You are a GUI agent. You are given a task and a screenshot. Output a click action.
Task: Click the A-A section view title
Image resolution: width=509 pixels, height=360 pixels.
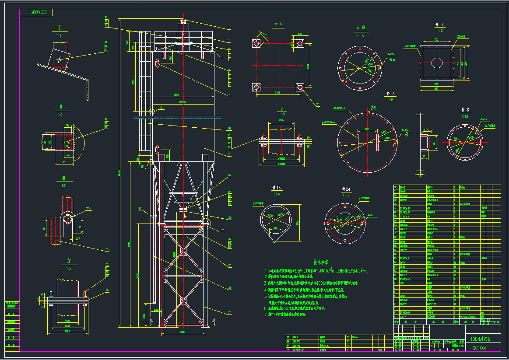click(x=277, y=24)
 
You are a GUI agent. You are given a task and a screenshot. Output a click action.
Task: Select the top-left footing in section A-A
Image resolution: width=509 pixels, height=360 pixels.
click(x=256, y=44)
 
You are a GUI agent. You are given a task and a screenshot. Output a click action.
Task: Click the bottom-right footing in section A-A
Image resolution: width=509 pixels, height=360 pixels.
click(x=300, y=87)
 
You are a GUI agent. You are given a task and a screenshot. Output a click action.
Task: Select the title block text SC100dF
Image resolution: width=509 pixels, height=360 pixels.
click(x=480, y=348)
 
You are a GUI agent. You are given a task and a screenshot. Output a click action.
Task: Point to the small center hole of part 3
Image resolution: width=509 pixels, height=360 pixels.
click(x=437, y=63)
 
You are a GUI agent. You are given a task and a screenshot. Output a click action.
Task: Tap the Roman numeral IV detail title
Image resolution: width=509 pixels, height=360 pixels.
click(x=69, y=261)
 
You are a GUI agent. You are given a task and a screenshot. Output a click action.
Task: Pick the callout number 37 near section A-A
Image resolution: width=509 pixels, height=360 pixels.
click(x=317, y=105)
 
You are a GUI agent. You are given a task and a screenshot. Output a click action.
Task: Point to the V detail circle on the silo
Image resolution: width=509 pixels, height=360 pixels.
click(x=206, y=225)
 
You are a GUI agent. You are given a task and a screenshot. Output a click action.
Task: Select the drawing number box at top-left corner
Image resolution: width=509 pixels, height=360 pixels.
click(x=36, y=13)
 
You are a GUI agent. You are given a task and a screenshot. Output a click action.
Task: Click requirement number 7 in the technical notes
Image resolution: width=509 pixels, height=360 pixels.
click(x=266, y=314)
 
